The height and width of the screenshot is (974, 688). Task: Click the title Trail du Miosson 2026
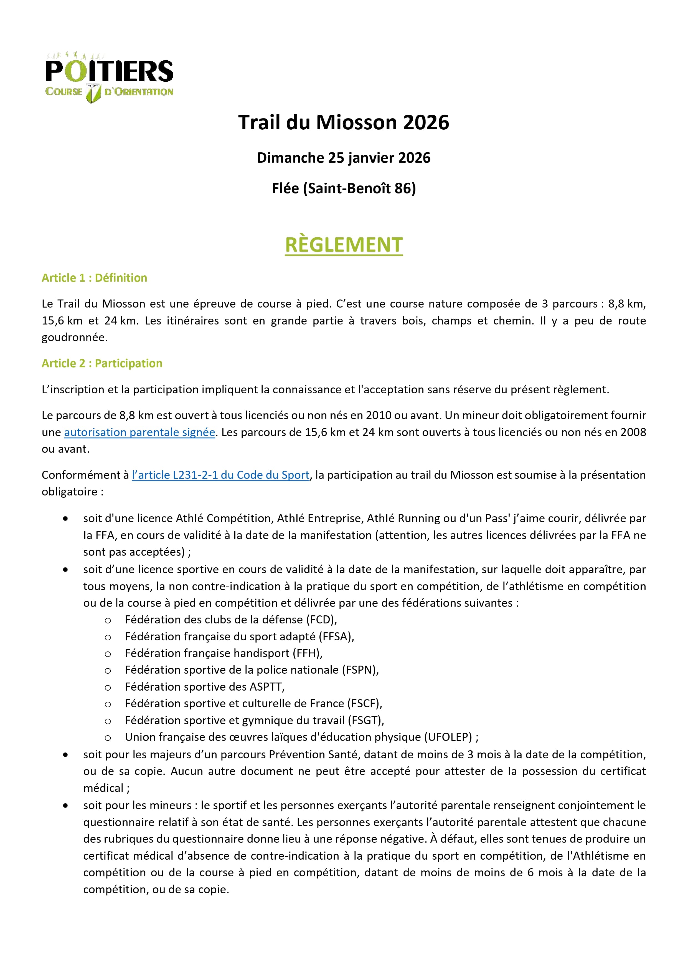pos(343,122)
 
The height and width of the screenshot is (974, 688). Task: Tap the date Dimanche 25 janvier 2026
pos(343,158)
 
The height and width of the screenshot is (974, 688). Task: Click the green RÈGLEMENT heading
pos(343,245)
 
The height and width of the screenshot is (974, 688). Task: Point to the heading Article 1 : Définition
pos(94,278)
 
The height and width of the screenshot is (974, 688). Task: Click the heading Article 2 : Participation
pos(102,364)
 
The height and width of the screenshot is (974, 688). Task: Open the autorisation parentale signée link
pos(139,432)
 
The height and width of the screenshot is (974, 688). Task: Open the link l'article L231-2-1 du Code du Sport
pos(220,475)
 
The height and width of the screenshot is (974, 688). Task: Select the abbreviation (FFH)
pos(307,653)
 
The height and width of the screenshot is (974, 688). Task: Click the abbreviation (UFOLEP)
pos(448,737)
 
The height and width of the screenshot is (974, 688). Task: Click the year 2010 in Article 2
pos(379,415)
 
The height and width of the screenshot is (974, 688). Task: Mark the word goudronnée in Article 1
pos(74,338)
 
